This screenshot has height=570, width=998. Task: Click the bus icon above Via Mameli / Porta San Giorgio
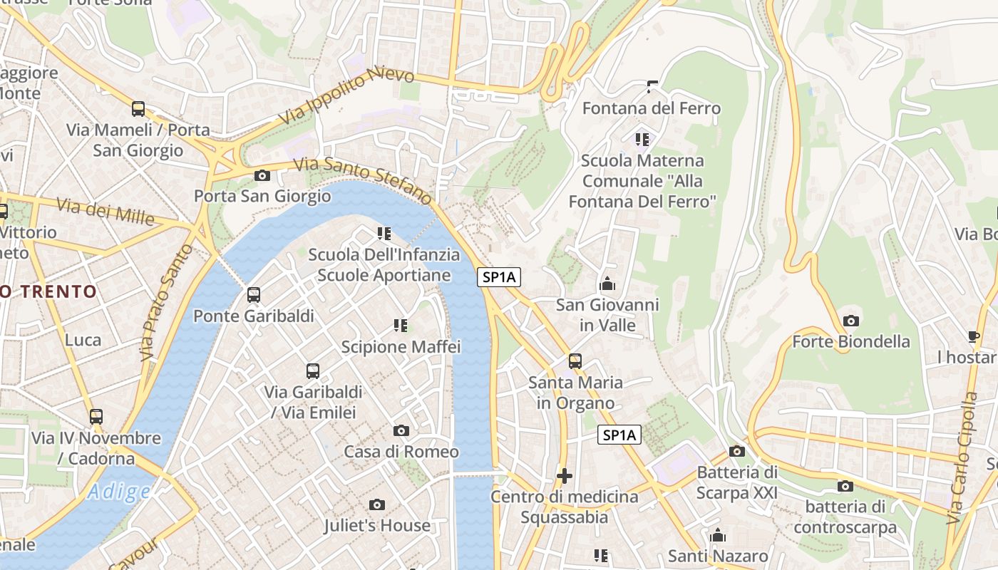138,109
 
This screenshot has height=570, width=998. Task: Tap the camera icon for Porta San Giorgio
262,175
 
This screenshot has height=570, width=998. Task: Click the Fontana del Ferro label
652,108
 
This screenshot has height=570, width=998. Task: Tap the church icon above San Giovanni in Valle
607,284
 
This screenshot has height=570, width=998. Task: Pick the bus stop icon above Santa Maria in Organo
575,361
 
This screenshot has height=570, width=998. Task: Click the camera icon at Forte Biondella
850,321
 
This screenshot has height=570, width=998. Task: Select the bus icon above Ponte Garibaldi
254,295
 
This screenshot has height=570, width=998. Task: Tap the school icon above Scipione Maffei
401,326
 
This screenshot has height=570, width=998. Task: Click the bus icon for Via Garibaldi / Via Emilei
313,370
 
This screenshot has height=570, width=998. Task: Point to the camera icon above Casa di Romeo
401,430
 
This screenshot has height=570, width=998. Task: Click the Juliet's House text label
377,526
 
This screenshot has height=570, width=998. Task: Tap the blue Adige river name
119,492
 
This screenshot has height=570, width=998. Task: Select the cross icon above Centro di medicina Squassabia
565,475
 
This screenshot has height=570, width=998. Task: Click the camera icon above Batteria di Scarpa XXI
737,451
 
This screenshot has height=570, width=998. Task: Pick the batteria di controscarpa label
845,517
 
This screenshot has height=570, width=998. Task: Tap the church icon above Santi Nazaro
718,535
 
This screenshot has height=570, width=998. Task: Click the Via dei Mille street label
106,210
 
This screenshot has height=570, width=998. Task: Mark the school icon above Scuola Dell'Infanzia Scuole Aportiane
384,233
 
